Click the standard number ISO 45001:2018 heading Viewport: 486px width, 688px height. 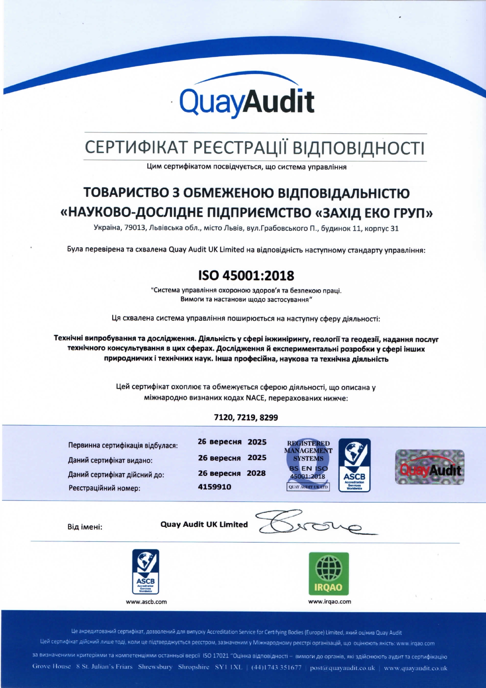(246, 276)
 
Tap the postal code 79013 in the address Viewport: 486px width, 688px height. (135, 229)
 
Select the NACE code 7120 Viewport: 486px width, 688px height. (224, 418)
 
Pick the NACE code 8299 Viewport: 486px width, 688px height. (268, 418)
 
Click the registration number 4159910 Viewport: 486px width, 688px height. (214, 487)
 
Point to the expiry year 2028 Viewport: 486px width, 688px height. (256, 473)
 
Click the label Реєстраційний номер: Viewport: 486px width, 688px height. (104, 488)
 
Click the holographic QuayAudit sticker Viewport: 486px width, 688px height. (430, 467)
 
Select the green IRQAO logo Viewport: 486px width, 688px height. (328, 574)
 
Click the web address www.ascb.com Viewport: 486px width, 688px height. (146, 602)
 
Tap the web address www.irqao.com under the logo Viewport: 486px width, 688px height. (330, 601)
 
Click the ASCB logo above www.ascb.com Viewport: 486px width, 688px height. (146, 572)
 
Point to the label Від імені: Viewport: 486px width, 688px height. (85, 527)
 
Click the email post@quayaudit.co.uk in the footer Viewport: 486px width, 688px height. (342, 668)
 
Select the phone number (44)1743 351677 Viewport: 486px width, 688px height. (276, 668)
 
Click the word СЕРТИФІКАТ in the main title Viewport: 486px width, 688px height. (137, 148)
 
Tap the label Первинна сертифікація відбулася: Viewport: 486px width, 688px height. (123, 446)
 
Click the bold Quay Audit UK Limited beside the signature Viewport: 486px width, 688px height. (204, 525)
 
